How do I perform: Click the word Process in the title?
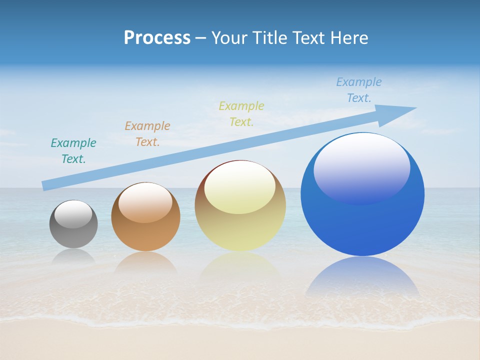[157, 38]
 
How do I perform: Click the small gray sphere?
[73, 230]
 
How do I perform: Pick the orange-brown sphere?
[145, 235]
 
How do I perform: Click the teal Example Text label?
[73, 151]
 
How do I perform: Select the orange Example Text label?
[147, 134]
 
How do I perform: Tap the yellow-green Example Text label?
[241, 114]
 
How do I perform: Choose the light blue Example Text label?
[359, 90]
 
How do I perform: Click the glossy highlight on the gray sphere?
[73, 214]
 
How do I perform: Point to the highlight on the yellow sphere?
[239, 187]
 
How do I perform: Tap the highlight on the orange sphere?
[145, 202]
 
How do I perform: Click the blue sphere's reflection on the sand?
[362, 277]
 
